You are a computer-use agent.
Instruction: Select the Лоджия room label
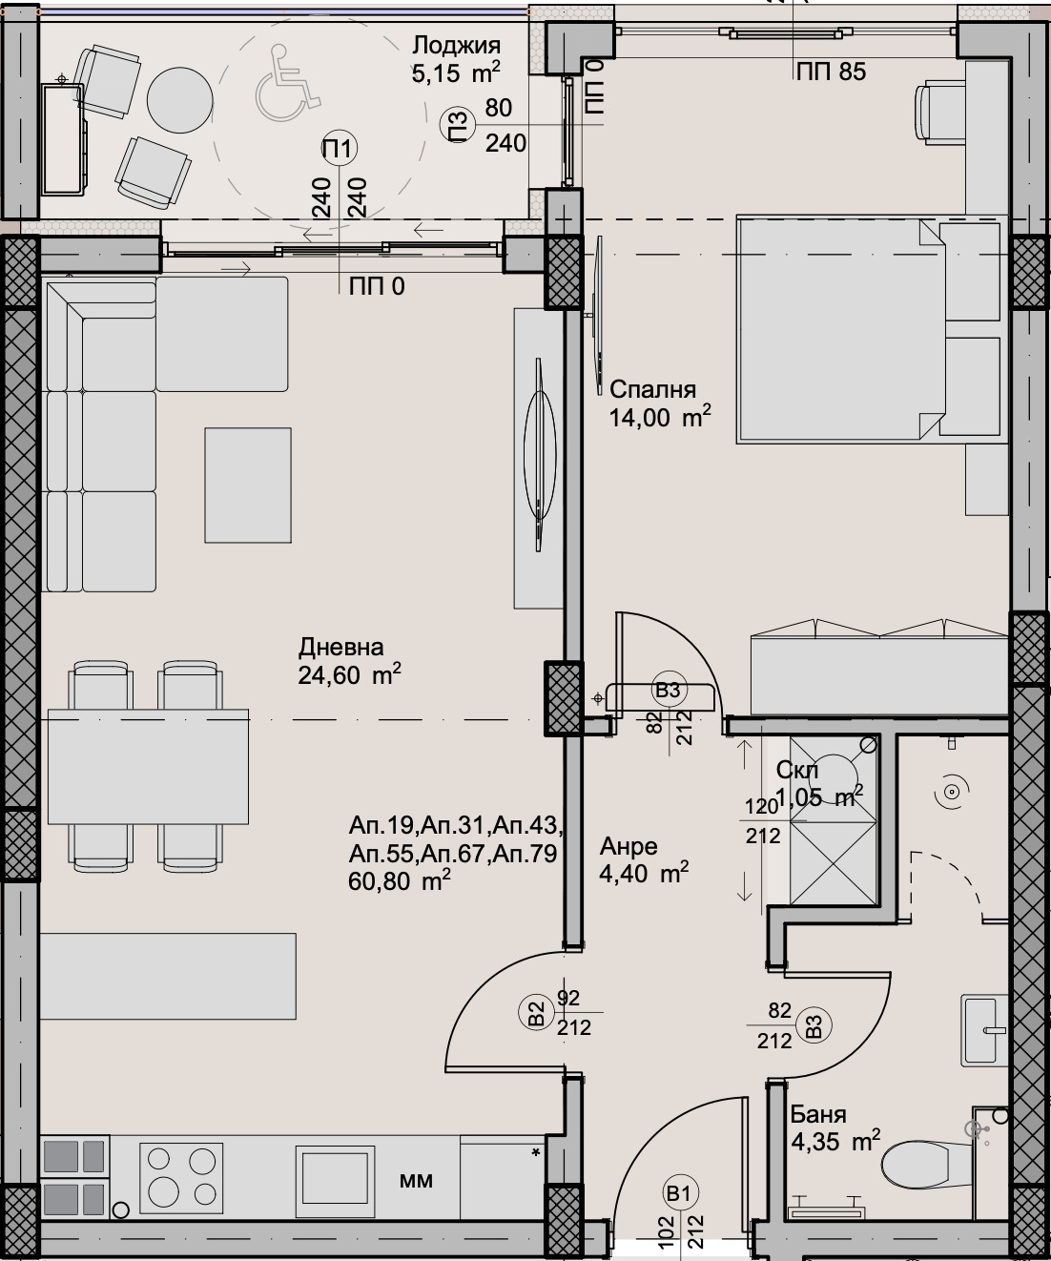tap(456, 46)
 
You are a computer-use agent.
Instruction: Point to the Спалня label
tap(652, 389)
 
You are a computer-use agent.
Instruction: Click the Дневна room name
tap(341, 648)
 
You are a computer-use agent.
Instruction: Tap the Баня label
tap(818, 1114)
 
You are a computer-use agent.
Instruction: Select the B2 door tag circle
tap(536, 1013)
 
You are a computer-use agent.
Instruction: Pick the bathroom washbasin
tap(984, 1030)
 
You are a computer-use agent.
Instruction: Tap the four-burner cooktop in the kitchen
tap(178, 1175)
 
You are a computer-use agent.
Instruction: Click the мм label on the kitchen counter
tap(416, 1181)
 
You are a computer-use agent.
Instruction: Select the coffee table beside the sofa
tap(248, 486)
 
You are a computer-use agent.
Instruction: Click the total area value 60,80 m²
tap(400, 881)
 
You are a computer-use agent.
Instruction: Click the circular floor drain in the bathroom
tap(951, 792)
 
